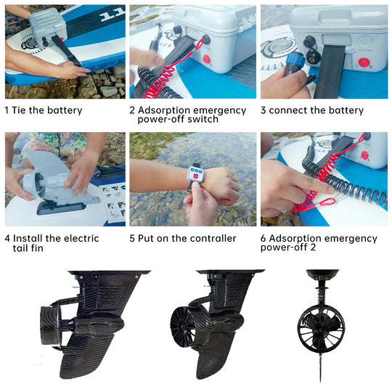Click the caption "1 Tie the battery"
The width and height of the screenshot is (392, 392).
[44, 110]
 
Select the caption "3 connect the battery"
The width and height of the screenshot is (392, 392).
[312, 110]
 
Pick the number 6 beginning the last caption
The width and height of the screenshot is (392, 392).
[264, 238]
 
